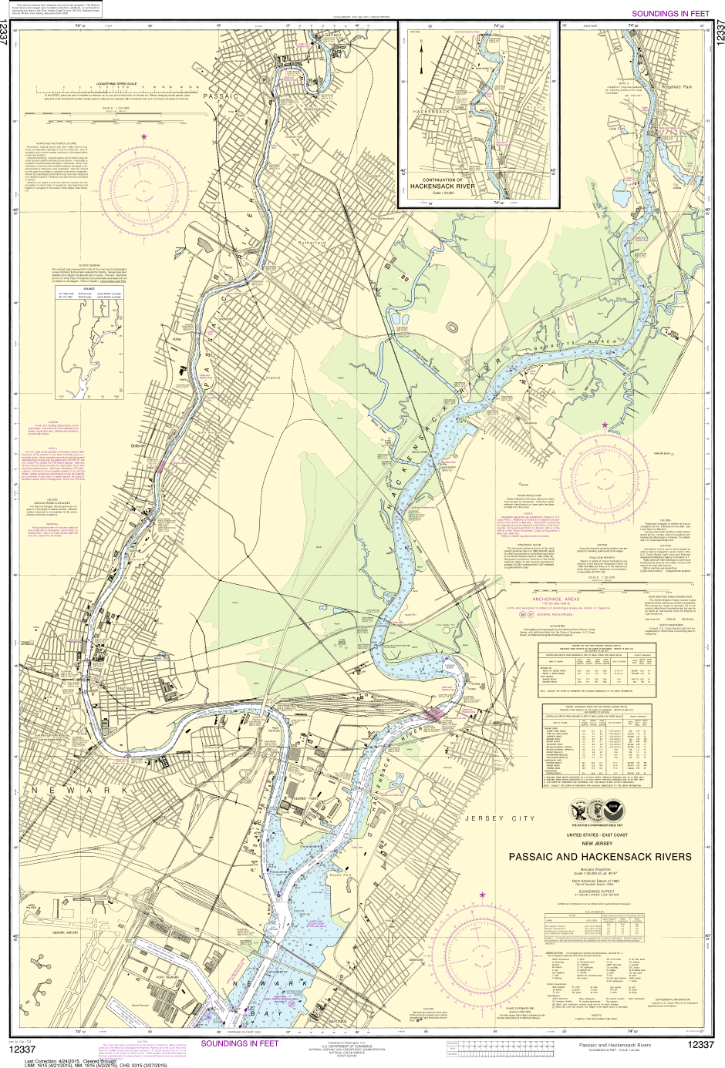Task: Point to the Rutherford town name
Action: pos(312,243)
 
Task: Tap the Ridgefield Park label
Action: pos(676,87)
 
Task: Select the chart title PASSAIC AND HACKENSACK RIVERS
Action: pos(599,856)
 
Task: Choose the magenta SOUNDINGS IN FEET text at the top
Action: pos(669,14)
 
